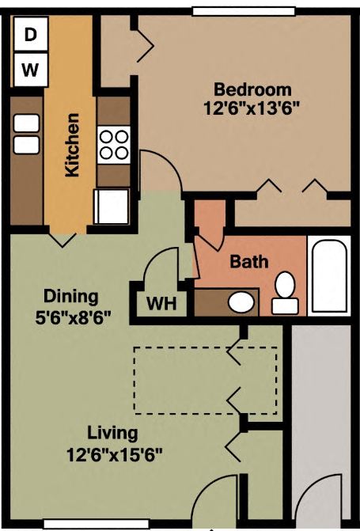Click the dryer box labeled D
pyautogui.click(x=30, y=34)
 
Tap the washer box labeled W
pyautogui.click(x=30, y=70)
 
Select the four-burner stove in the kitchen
pyautogui.click(x=114, y=145)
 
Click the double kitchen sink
pyautogui.click(x=27, y=134)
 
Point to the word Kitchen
pyautogui.click(x=72, y=146)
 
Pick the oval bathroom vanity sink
pyautogui.click(x=241, y=302)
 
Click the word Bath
pyautogui.click(x=249, y=262)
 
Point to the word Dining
pyautogui.click(x=70, y=298)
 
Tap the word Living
pyautogui.click(x=112, y=434)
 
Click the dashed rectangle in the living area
pyautogui.click(x=204, y=379)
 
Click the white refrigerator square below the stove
pyautogui.click(x=110, y=207)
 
